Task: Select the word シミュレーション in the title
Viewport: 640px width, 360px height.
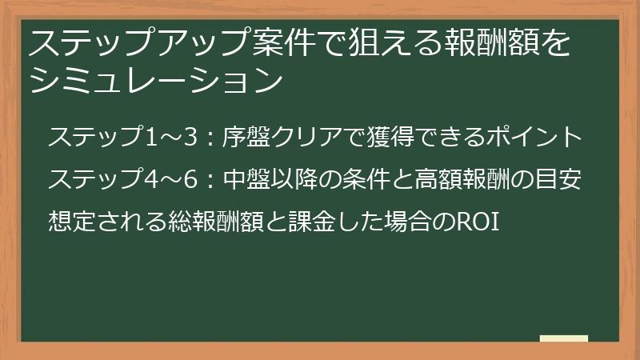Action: point(155,79)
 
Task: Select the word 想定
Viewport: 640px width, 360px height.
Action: point(70,219)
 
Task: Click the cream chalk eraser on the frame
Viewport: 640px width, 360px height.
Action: point(563,338)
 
